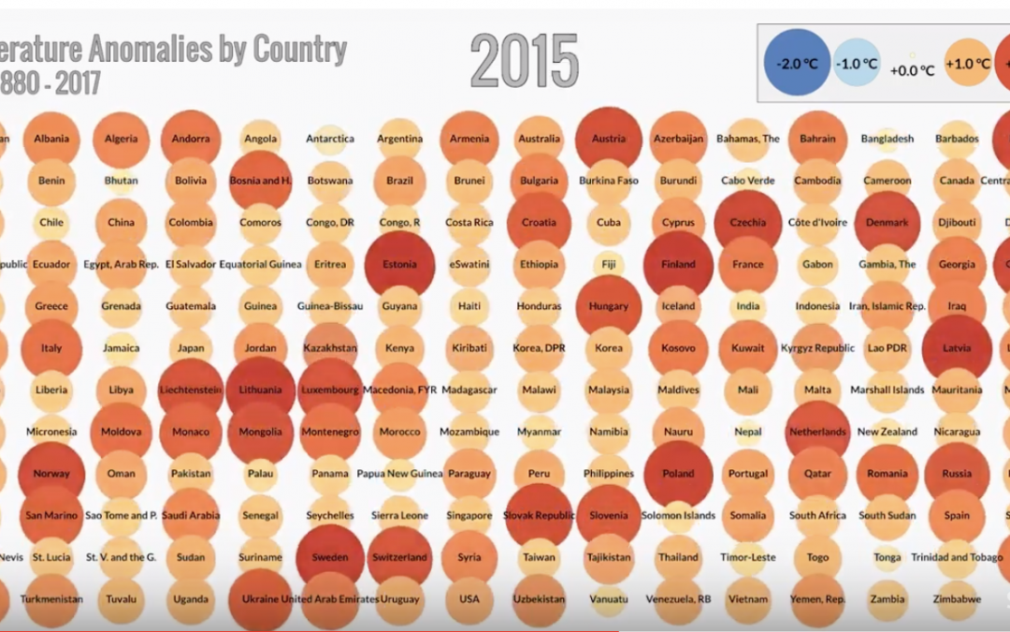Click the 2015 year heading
pos(524,62)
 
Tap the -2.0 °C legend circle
pos(797,64)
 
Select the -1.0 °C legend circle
pos(858,64)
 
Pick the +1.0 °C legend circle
pos(968,64)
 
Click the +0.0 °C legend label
pos(912,69)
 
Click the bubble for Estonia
pos(399,264)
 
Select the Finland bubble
pos(678,264)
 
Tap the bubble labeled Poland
pos(678,474)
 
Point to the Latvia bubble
pos(957,348)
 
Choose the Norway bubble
pos(51,474)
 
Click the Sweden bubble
pos(330,557)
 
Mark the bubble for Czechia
pos(747,223)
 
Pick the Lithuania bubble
pos(260,389)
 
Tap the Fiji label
pos(609,264)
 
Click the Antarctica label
pos(330,139)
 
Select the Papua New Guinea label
pos(399,474)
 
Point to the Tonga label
pos(887,557)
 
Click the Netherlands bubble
pos(817,432)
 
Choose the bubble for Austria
pos(609,139)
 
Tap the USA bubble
pos(469,599)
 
